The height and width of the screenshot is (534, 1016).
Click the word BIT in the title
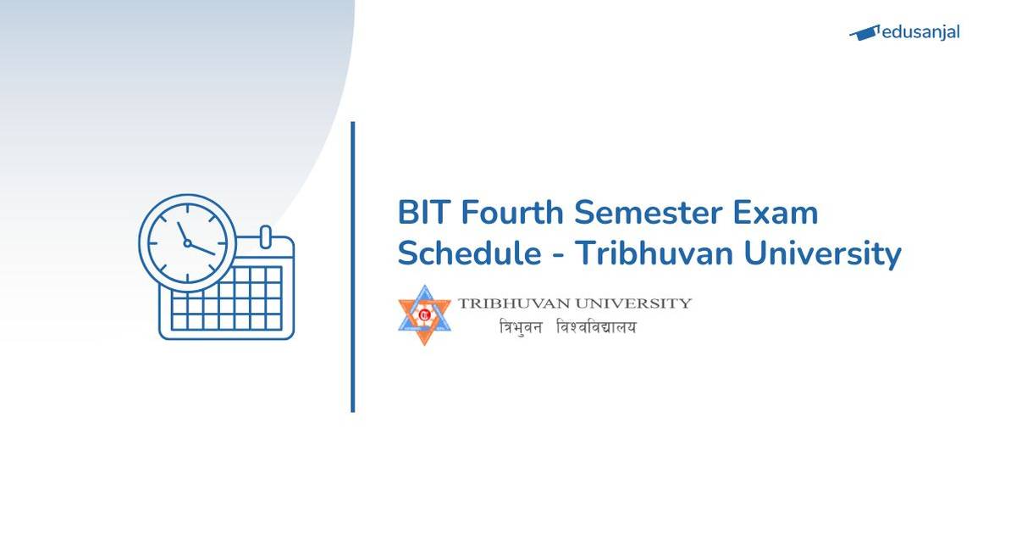pyautogui.click(x=423, y=213)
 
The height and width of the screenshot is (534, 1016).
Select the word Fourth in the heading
pyautogui.click(x=512, y=213)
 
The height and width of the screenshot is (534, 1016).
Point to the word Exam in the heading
pyautogui.click(x=783, y=213)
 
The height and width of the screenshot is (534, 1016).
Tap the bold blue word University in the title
pyautogui.click(x=825, y=253)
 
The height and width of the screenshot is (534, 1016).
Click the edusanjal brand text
pyautogui.click(x=919, y=33)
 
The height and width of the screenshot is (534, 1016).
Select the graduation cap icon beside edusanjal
pyautogui.click(x=864, y=33)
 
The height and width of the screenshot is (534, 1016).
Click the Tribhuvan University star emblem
pyautogui.click(x=425, y=314)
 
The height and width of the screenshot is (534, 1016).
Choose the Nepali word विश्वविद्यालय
pyautogui.click(x=596, y=327)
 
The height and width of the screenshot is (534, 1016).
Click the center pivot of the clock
pyautogui.click(x=187, y=243)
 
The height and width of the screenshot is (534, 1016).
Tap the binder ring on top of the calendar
pyautogui.click(x=264, y=235)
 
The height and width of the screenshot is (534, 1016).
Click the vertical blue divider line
pyautogui.click(x=352, y=267)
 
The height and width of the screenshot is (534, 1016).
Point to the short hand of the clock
pyautogui.click(x=182, y=232)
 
